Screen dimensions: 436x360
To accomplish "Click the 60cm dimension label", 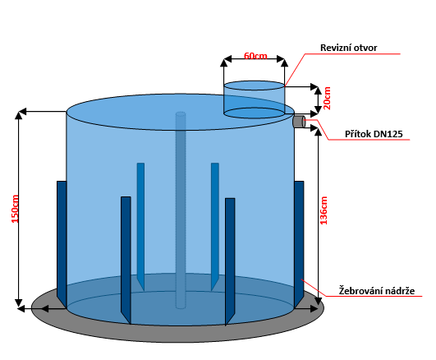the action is tap(255, 56).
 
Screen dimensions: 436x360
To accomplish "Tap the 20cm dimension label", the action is tap(328, 98).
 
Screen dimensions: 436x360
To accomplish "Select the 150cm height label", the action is tap(15, 209).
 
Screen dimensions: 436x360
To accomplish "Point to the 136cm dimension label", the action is tap(324, 210).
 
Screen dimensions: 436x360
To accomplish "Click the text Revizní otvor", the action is tap(349, 48).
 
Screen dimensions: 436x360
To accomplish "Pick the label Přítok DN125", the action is tap(374, 134).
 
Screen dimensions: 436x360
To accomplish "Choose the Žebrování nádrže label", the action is tap(377, 291).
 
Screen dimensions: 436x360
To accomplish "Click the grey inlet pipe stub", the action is tap(299, 122).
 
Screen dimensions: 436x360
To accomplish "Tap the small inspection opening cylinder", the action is tap(255, 99).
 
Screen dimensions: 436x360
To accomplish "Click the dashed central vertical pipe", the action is tap(181, 210).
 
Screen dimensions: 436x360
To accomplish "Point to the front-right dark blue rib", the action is tap(230, 261).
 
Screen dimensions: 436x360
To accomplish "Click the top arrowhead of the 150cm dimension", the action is tap(19, 115).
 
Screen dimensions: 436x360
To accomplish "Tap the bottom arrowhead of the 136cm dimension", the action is tap(318, 301).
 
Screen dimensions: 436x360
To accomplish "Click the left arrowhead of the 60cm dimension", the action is tap(227, 58).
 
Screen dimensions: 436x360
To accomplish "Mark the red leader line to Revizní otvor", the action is tap(342, 70).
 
